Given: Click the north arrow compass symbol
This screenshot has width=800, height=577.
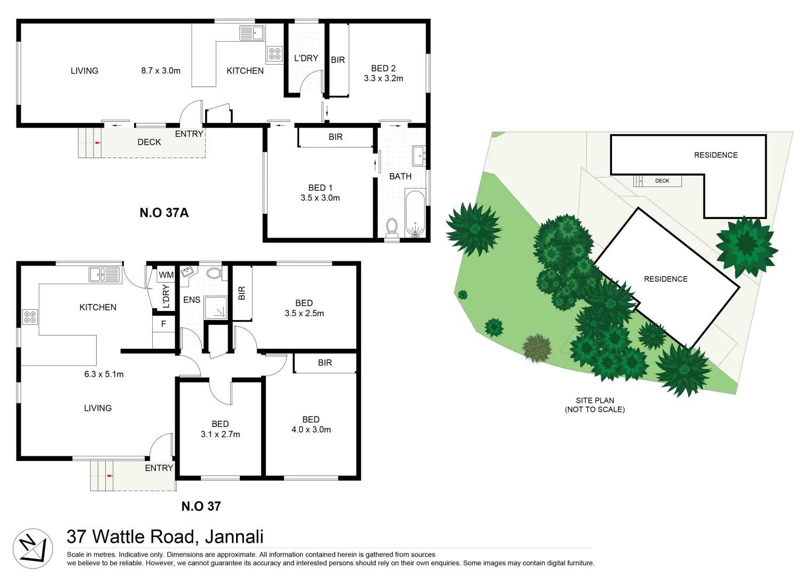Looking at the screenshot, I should click(33, 548).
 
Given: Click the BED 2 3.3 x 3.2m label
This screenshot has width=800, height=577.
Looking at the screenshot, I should click(383, 73).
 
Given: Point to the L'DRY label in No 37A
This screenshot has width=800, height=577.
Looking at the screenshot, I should click(306, 58).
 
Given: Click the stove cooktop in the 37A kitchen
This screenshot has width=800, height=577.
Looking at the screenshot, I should click(274, 54).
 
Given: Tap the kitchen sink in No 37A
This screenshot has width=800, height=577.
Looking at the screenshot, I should click(252, 33).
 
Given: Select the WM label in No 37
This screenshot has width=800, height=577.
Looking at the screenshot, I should click(166, 275).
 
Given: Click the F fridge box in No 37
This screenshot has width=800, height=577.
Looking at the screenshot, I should click(163, 324).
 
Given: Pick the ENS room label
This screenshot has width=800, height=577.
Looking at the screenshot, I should click(192, 300).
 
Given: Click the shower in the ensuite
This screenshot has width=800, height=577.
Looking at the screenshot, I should click(216, 308).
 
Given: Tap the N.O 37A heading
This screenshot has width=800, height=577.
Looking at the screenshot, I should click(164, 213).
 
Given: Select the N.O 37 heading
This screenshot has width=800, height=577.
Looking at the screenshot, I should click(201, 506).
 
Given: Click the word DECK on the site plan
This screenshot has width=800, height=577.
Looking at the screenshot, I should click(662, 181).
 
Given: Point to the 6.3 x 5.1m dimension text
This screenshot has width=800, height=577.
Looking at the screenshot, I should click(104, 374).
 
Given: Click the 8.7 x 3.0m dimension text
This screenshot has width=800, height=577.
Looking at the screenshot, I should click(161, 71).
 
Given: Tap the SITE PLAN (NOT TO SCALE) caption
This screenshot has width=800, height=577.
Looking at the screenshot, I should click(595, 405).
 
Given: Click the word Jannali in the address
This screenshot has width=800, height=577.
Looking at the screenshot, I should click(234, 536).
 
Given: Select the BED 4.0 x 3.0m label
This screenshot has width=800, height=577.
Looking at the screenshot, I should click(311, 425).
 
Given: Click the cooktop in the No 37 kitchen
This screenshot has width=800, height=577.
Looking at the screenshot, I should click(30, 317).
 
